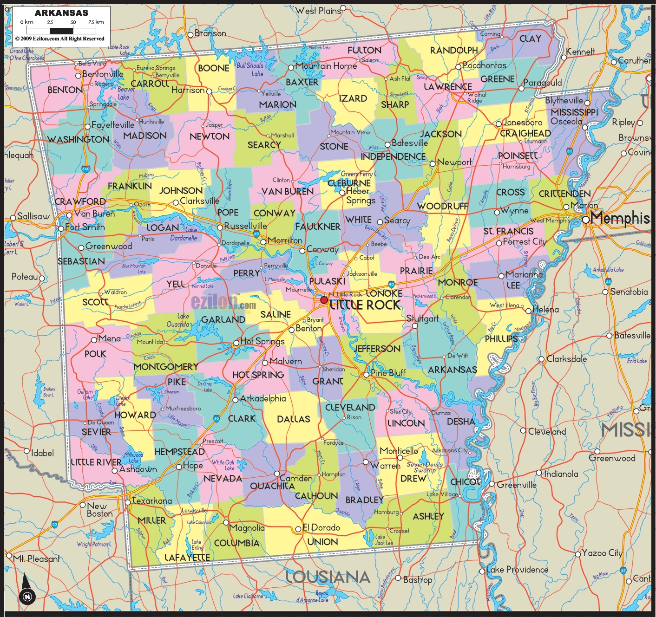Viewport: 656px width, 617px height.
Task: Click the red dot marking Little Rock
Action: (x=324, y=300)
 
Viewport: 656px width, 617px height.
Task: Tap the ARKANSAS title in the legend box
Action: (x=61, y=13)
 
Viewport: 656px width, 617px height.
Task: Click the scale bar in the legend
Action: (x=61, y=31)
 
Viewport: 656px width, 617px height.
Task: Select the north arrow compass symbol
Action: (x=27, y=590)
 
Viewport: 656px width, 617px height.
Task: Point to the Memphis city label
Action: (x=620, y=218)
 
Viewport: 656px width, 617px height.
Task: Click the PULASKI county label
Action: (x=327, y=281)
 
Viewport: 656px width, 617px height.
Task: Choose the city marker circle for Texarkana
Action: (x=128, y=502)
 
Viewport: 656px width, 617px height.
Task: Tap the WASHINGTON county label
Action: (x=79, y=139)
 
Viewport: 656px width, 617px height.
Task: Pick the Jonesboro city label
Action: (x=522, y=123)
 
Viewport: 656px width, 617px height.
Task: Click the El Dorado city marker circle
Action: (x=298, y=529)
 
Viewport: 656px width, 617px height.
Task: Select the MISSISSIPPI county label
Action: (x=574, y=112)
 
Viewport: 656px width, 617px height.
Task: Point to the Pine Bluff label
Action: (x=388, y=373)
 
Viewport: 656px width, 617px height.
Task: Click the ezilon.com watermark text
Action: (x=223, y=303)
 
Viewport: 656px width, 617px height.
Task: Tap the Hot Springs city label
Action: (x=262, y=341)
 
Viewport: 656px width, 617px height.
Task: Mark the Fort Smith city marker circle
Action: (x=61, y=228)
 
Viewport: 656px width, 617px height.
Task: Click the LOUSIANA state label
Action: (x=328, y=577)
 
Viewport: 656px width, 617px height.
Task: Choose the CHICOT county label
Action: (x=465, y=482)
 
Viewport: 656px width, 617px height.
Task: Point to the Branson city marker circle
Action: (x=190, y=35)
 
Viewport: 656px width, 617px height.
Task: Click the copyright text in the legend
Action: (x=60, y=39)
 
